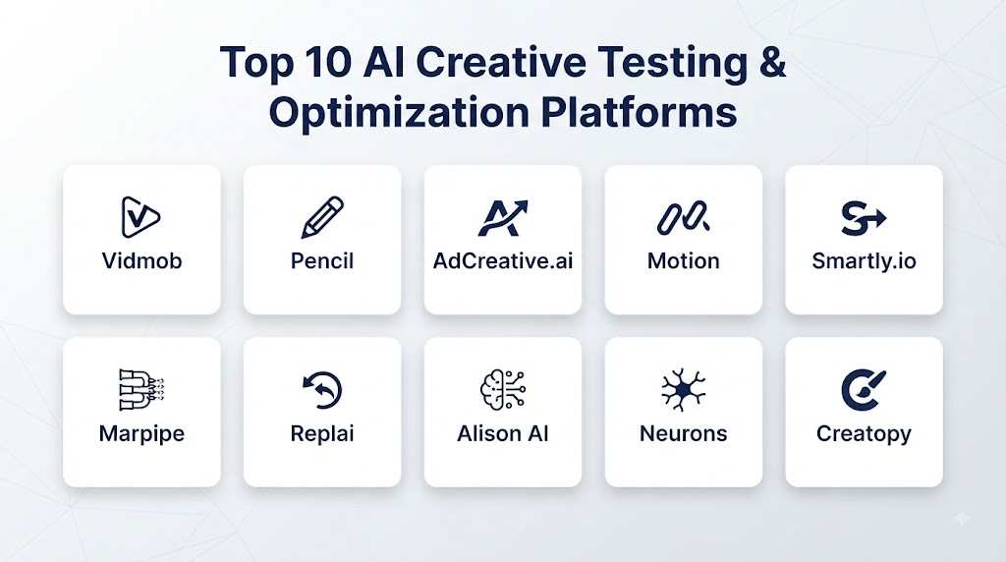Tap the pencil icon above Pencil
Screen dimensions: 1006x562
tap(322, 217)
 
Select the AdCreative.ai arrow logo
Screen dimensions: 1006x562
tap(502, 217)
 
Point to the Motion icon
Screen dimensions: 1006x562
tap(684, 217)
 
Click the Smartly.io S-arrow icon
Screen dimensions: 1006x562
tap(864, 218)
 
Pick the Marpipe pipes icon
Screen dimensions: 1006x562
tap(141, 389)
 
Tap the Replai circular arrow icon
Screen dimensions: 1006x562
tap(322, 390)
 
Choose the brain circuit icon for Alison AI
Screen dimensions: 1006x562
tap(503, 389)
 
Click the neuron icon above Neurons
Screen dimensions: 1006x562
tap(684, 389)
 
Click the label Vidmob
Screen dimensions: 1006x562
tap(141, 261)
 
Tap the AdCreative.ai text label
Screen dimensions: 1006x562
tap(503, 261)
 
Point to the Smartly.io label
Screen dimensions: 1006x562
tap(864, 261)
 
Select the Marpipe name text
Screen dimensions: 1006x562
tap(141, 433)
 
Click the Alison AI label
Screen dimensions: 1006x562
tap(503, 433)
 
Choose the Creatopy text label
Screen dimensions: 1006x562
tap(864, 434)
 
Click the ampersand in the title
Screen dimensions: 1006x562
tap(772, 62)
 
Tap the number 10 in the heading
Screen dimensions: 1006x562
tap(328, 62)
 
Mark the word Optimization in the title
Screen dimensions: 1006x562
tap(399, 113)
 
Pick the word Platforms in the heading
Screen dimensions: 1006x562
tap(639, 112)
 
